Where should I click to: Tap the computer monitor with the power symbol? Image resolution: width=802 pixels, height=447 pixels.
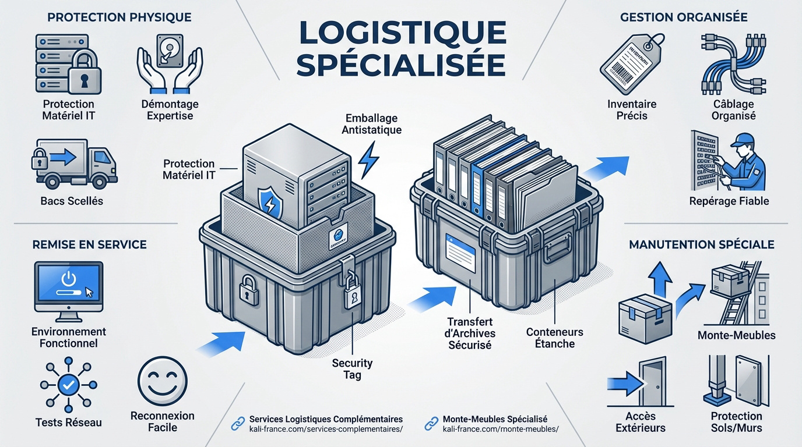pyautogui.click(x=68, y=288)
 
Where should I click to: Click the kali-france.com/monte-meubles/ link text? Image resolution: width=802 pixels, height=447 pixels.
pyautogui.click(x=500, y=430)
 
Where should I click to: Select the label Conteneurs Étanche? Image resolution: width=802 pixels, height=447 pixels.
pyautogui.click(x=554, y=338)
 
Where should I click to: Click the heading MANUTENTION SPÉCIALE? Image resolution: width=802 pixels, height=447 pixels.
pyautogui.click(x=702, y=244)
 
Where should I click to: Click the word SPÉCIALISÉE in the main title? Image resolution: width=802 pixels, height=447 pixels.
pyautogui.click(x=400, y=65)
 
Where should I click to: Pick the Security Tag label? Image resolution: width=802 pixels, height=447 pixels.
pyautogui.click(x=352, y=369)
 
